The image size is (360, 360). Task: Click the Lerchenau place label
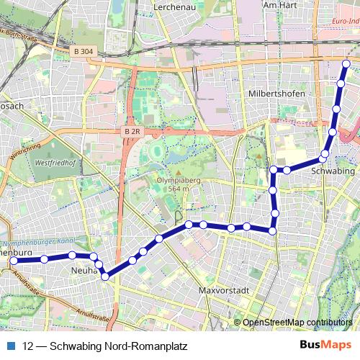tap(176, 6)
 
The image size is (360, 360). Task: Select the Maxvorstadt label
tap(223, 291)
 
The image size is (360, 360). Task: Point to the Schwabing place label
tap(333, 171)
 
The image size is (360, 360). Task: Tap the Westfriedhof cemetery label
tap(53, 163)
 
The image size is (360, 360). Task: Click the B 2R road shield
tap(132, 132)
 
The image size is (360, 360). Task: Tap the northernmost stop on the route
tap(346, 64)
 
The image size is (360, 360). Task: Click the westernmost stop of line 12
tap(13, 261)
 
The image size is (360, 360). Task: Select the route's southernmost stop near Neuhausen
tap(105, 276)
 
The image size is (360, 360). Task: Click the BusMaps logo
tap(326, 346)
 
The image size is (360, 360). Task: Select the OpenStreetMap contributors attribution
tap(297, 322)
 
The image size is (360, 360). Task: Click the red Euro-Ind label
tap(346, 22)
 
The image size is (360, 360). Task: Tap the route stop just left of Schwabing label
tap(325, 154)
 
